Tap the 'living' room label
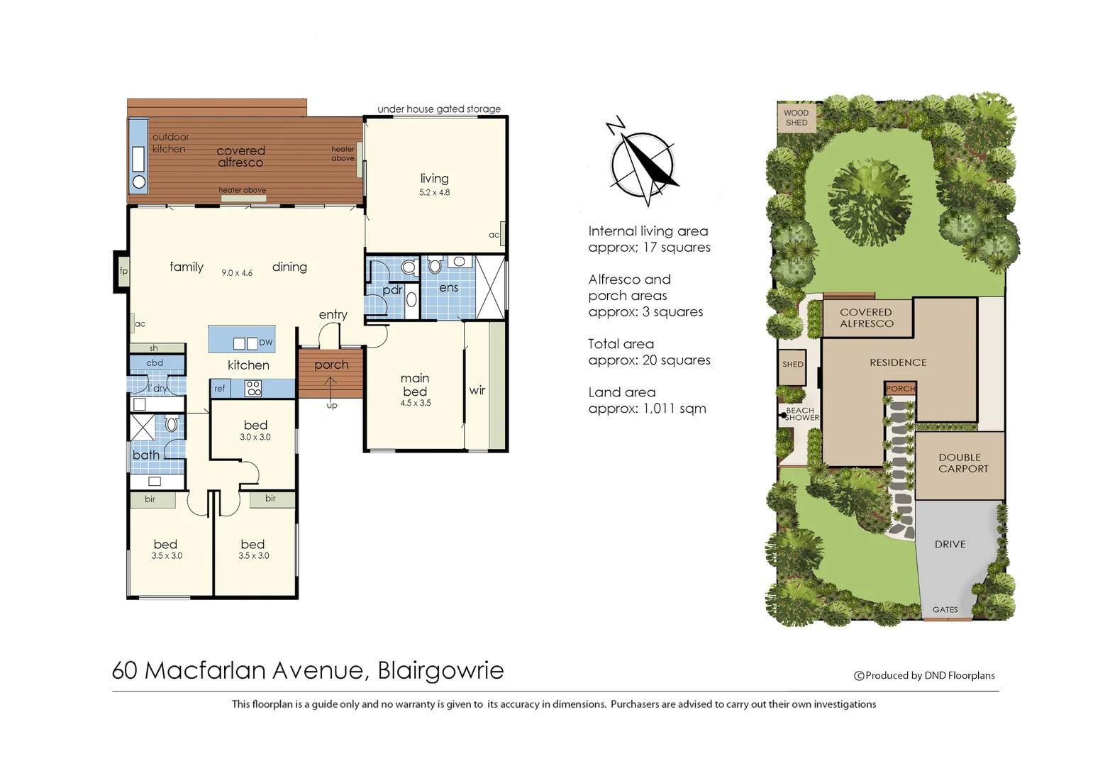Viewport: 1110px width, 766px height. tap(434, 179)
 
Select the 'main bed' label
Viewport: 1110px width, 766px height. tap(415, 385)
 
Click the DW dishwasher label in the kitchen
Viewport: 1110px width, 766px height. tap(265, 343)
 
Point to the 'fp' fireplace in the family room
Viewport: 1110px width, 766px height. tap(123, 271)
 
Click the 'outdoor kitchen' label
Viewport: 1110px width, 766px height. tap(170, 143)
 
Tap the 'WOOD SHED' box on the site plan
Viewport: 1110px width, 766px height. tap(796, 118)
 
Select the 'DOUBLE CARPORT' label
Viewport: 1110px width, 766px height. tap(962, 463)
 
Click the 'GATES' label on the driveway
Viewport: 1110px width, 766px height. tap(945, 609)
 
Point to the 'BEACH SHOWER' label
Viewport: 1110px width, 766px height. tap(801, 414)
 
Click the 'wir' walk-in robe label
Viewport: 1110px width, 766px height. tap(477, 390)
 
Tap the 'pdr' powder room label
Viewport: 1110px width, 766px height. tap(392, 289)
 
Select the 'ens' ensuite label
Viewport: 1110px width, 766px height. tap(448, 287)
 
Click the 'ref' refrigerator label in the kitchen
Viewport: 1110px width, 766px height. tap(220, 389)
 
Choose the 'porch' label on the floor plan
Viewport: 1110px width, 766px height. tap(331, 365)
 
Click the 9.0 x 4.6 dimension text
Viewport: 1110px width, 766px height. tap(237, 273)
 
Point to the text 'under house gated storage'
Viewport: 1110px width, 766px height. tap(439, 109)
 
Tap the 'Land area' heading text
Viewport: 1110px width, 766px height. tap(621, 392)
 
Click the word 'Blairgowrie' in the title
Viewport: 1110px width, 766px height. tap(440, 670)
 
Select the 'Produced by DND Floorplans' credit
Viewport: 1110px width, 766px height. tap(929, 675)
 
